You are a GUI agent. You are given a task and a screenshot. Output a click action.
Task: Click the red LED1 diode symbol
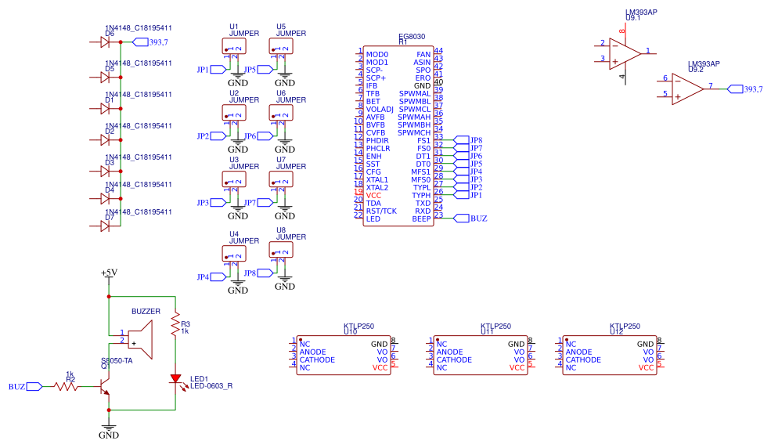(175, 379)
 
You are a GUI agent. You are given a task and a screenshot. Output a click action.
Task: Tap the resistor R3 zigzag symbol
(175, 324)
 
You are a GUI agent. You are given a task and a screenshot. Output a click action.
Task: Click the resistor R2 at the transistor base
(68, 386)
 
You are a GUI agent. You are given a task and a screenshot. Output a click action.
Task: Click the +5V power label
(109, 273)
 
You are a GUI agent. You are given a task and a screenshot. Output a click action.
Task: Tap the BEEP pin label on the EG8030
(421, 219)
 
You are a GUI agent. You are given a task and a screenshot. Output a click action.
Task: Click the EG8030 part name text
(412, 37)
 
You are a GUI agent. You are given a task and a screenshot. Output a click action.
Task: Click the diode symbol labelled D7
(106, 226)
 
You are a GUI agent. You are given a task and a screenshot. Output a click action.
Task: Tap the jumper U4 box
(234, 254)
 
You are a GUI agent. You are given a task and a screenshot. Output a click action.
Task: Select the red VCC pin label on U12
(646, 367)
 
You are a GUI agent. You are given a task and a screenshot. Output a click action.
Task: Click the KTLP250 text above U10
(359, 327)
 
